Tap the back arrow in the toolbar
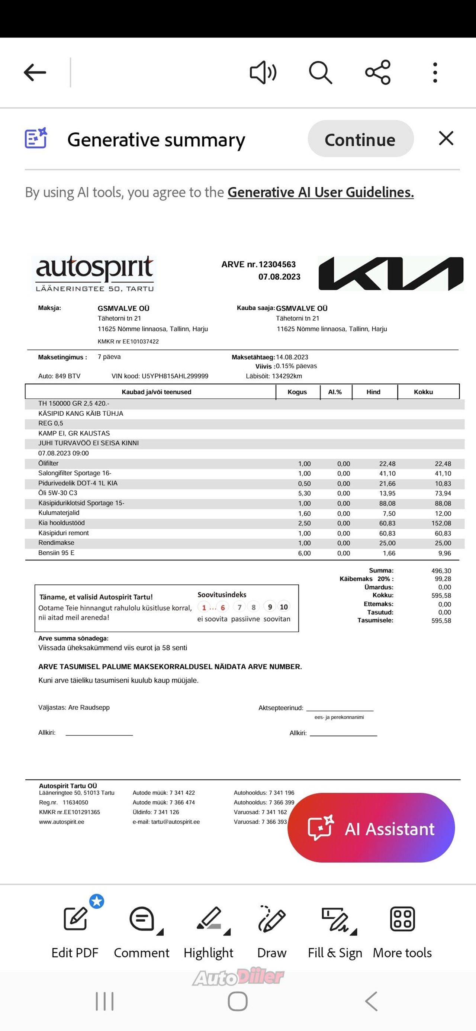point(35,73)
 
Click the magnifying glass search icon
point(320,73)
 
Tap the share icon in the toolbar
point(377,73)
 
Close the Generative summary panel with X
point(446,138)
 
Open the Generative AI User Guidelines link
point(320,193)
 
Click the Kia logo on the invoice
point(390,273)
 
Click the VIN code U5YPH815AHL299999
point(174,376)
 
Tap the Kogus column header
point(297,392)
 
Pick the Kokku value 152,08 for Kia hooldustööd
point(443,523)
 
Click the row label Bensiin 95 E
point(57,553)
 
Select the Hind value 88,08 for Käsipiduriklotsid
point(387,503)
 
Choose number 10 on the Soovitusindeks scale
point(283,607)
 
